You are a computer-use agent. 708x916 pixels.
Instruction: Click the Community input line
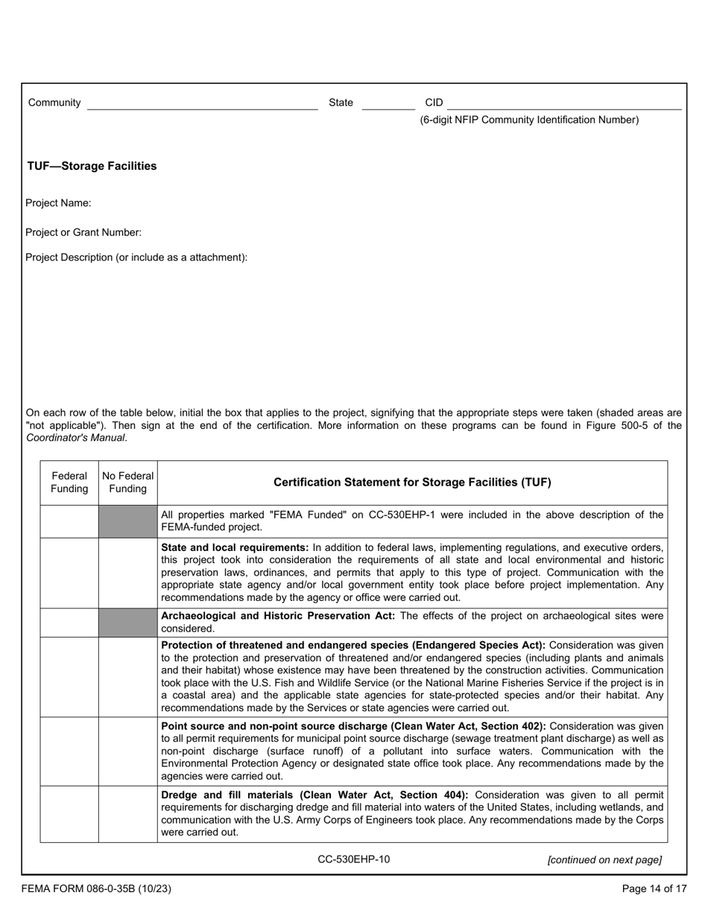(x=202, y=104)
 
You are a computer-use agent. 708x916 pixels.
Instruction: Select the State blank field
(x=388, y=104)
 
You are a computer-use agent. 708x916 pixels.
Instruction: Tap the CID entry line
(x=564, y=104)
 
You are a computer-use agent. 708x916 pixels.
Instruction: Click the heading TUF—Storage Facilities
(x=92, y=166)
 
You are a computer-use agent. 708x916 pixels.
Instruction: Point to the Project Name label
(x=58, y=203)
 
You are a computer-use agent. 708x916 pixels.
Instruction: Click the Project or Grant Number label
(x=83, y=232)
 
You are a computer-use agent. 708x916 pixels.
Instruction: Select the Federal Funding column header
(x=69, y=483)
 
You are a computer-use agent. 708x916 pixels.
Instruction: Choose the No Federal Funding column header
(x=128, y=483)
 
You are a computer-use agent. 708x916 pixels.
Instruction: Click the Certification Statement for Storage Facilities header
(x=412, y=483)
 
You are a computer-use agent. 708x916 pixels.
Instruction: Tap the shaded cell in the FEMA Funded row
(x=128, y=521)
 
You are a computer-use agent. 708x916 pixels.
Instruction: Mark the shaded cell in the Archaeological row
(x=128, y=623)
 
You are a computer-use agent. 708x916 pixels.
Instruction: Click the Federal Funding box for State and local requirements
(x=69, y=573)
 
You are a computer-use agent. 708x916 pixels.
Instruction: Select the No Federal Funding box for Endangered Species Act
(x=128, y=677)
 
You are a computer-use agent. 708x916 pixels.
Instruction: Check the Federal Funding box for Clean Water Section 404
(x=69, y=814)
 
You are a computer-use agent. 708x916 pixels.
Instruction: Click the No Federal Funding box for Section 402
(x=128, y=751)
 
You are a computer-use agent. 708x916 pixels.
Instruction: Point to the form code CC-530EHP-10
(x=353, y=859)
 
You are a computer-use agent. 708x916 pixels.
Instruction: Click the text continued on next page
(x=604, y=860)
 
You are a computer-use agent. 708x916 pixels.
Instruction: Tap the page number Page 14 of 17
(x=654, y=888)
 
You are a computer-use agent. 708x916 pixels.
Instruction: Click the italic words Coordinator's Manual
(x=76, y=438)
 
